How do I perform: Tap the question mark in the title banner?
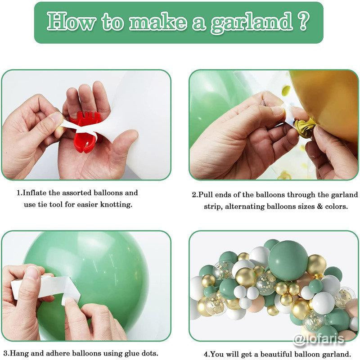[302, 21]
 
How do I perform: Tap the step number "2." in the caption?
[195, 195]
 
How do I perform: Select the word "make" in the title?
[151, 22]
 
